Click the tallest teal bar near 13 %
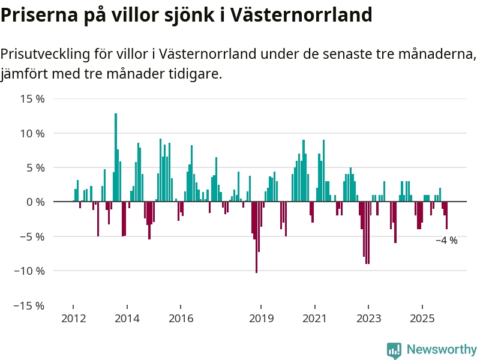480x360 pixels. [x=116, y=157]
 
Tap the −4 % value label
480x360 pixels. [x=446, y=241]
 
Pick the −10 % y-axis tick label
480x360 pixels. [x=30, y=271]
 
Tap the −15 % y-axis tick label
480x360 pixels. [x=30, y=305]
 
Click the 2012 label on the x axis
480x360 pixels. [x=73, y=318]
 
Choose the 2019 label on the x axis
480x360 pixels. [x=261, y=318]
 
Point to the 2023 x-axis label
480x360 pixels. [x=368, y=318]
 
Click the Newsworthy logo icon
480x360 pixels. [x=394, y=350]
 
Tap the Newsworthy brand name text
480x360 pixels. [x=442, y=349]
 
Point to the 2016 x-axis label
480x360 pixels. [x=181, y=318]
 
